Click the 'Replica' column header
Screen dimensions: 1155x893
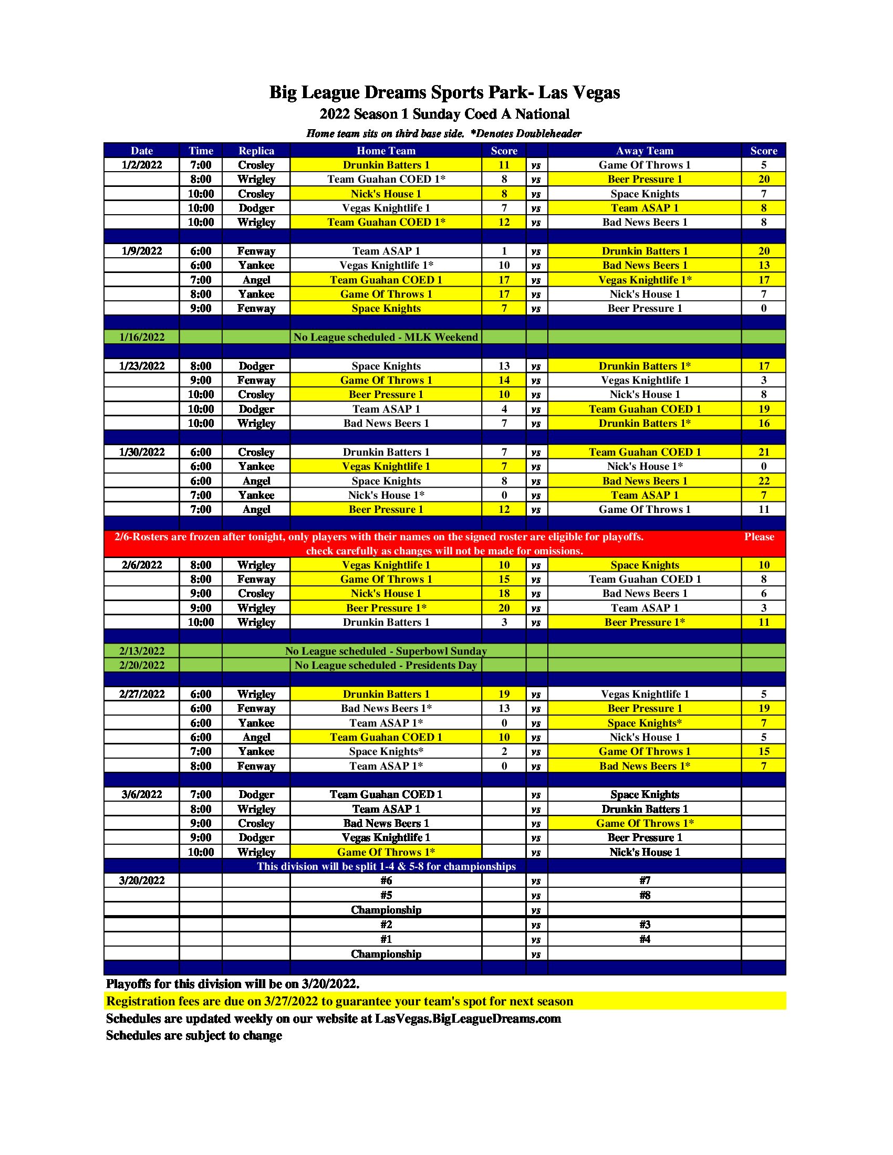click(256, 151)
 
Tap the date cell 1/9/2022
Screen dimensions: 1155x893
click(141, 251)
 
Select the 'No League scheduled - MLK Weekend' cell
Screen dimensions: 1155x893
click(386, 338)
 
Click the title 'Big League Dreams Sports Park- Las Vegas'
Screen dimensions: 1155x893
click(444, 92)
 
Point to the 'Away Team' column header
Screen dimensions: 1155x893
click(645, 151)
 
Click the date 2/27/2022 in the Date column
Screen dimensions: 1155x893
click(141, 695)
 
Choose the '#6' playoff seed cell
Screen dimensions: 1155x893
click(386, 880)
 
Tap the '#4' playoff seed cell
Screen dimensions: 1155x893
click(645, 939)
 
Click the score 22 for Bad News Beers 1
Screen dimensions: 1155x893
click(763, 481)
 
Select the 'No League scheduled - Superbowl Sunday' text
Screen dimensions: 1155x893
click(386, 651)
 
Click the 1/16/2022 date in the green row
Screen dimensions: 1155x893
click(141, 338)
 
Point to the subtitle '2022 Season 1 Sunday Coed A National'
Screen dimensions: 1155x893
click(444, 114)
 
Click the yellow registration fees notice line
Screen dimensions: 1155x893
click(340, 1001)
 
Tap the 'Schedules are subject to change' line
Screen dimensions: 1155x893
click(194, 1035)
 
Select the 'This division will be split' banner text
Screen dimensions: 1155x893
click(386, 866)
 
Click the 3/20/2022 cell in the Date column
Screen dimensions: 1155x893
click(141, 880)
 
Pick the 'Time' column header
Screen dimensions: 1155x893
click(201, 151)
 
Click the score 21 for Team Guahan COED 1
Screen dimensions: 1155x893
click(763, 452)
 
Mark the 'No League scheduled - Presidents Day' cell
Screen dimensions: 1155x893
click(386, 665)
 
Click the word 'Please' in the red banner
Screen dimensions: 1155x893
click(759, 537)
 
